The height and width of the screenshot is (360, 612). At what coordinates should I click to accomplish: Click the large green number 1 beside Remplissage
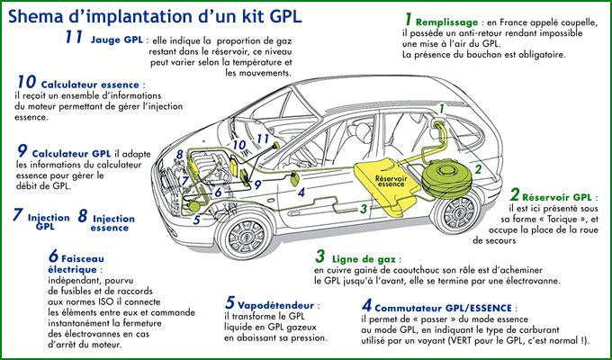tap(408, 19)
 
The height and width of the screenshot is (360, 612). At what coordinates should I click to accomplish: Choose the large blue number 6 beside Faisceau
tap(53, 256)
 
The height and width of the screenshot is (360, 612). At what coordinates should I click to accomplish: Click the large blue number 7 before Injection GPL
tap(17, 216)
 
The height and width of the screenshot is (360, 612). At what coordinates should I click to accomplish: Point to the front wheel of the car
tap(241, 235)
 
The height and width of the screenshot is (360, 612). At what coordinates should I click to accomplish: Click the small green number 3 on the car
tap(363, 208)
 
